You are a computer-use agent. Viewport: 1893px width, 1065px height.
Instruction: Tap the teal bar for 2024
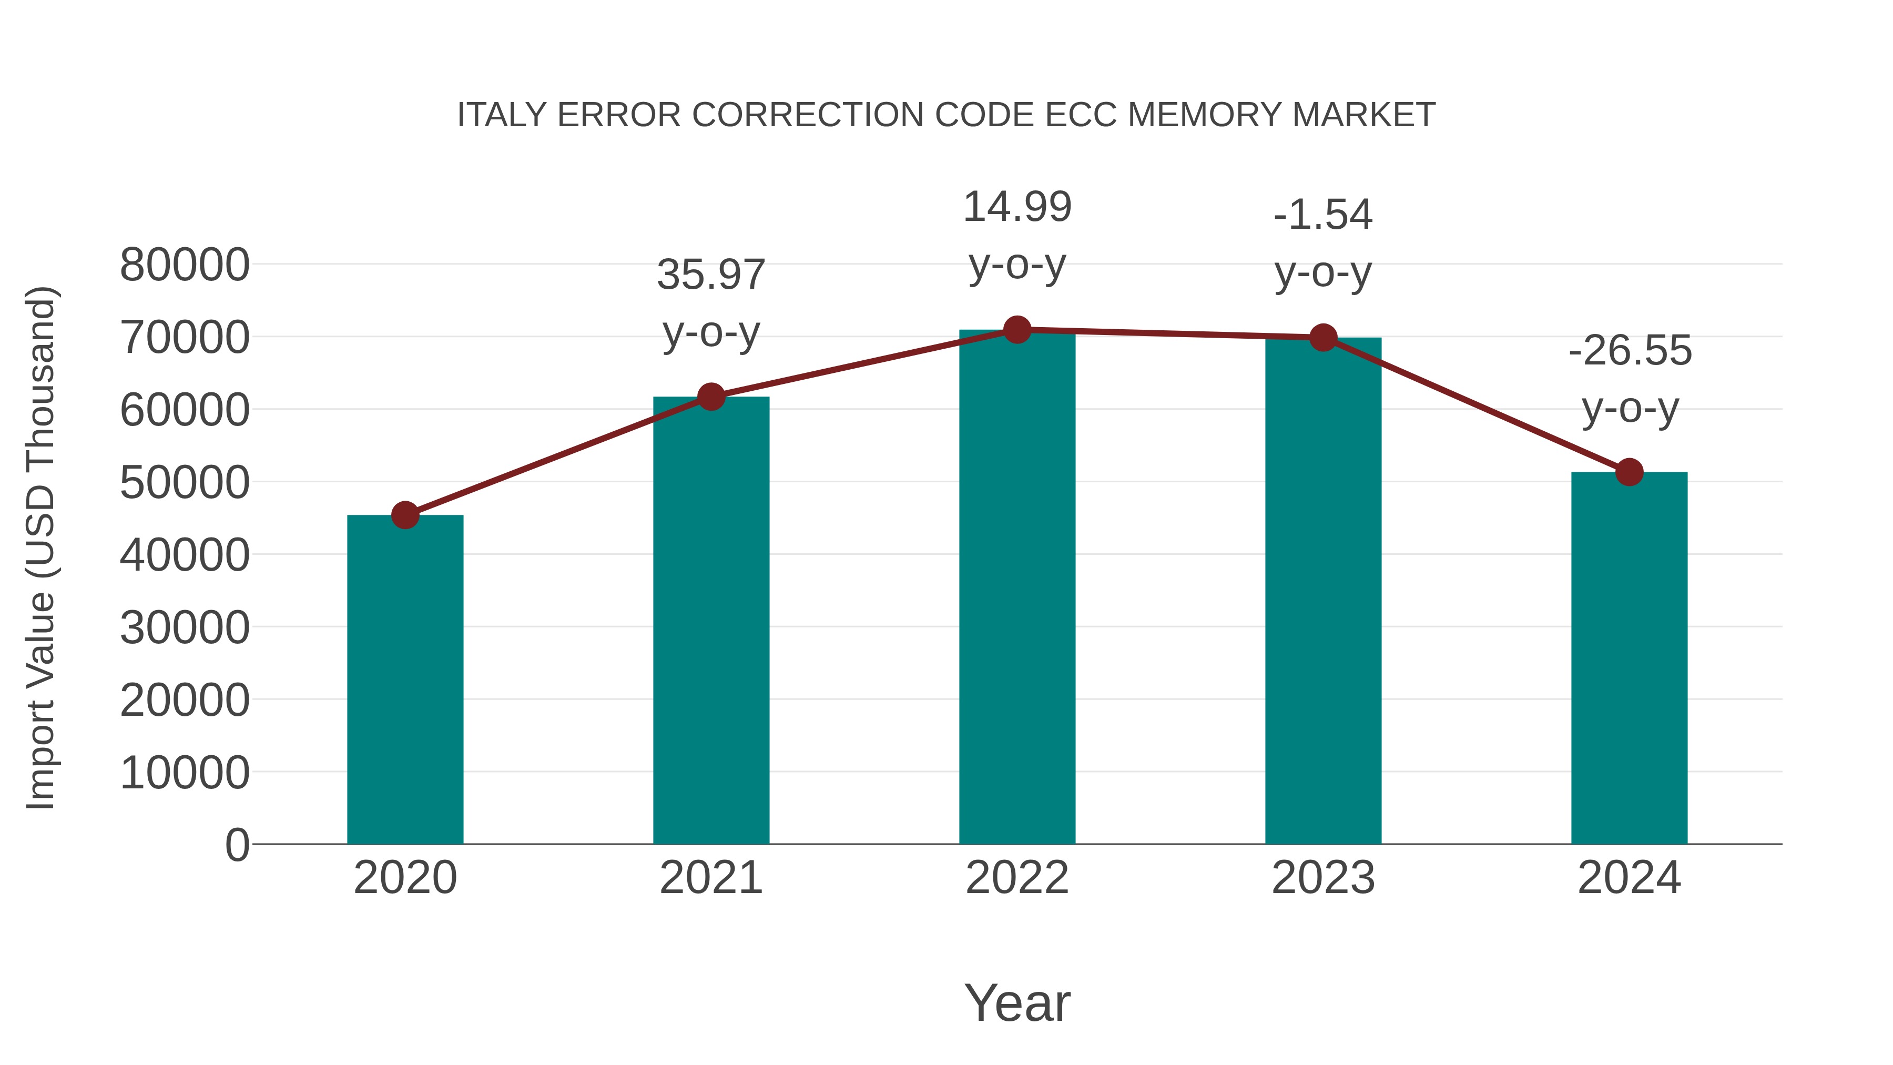tap(1629, 658)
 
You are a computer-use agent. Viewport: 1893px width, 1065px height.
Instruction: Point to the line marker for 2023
tap(1323, 337)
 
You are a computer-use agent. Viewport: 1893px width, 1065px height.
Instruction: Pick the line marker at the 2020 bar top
tap(405, 515)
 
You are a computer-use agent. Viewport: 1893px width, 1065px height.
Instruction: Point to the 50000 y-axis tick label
tap(185, 483)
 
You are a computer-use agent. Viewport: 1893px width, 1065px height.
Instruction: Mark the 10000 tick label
tap(185, 773)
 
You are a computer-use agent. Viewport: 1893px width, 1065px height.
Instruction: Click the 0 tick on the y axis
tap(237, 845)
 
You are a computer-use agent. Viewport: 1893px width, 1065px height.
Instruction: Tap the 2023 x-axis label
tap(1323, 878)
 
